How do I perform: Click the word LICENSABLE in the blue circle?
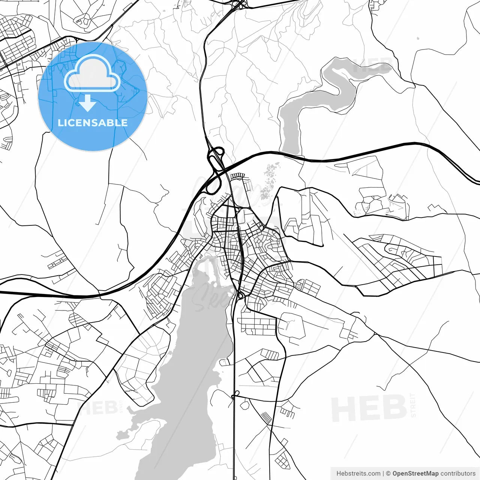coord(93,123)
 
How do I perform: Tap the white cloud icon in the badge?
coord(92,74)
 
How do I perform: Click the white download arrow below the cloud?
coord(87,103)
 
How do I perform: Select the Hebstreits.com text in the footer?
coord(358,474)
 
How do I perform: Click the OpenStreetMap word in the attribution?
coord(415,474)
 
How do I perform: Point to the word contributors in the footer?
coord(457,474)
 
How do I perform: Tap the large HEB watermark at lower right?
coord(369,409)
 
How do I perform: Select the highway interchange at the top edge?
coord(238,4)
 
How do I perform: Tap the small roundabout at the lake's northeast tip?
coord(240,296)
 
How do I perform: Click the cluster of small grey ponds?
coord(269,184)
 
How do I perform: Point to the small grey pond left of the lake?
coord(121,435)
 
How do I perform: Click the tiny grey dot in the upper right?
coord(418,38)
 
